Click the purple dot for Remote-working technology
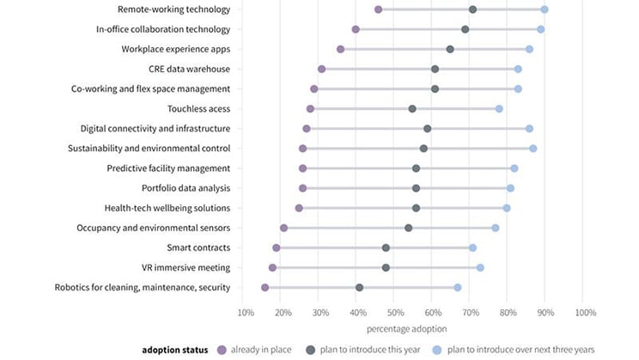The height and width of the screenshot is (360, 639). [379, 9]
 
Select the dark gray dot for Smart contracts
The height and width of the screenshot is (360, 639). [386, 247]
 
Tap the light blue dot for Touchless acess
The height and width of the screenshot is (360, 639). [499, 109]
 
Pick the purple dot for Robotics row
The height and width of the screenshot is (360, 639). [265, 287]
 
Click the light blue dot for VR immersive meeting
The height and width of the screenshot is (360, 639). [480, 267]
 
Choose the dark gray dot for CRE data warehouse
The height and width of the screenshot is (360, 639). [435, 69]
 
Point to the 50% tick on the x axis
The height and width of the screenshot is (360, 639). [396, 312]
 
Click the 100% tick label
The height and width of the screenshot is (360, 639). [585, 312]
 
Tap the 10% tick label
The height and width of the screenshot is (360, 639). [246, 312]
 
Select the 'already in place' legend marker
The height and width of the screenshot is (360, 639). [221, 351]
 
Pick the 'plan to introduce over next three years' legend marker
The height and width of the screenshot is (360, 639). [436, 351]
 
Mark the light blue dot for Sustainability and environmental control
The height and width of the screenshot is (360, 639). [533, 149]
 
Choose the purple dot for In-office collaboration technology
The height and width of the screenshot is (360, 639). [356, 29]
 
